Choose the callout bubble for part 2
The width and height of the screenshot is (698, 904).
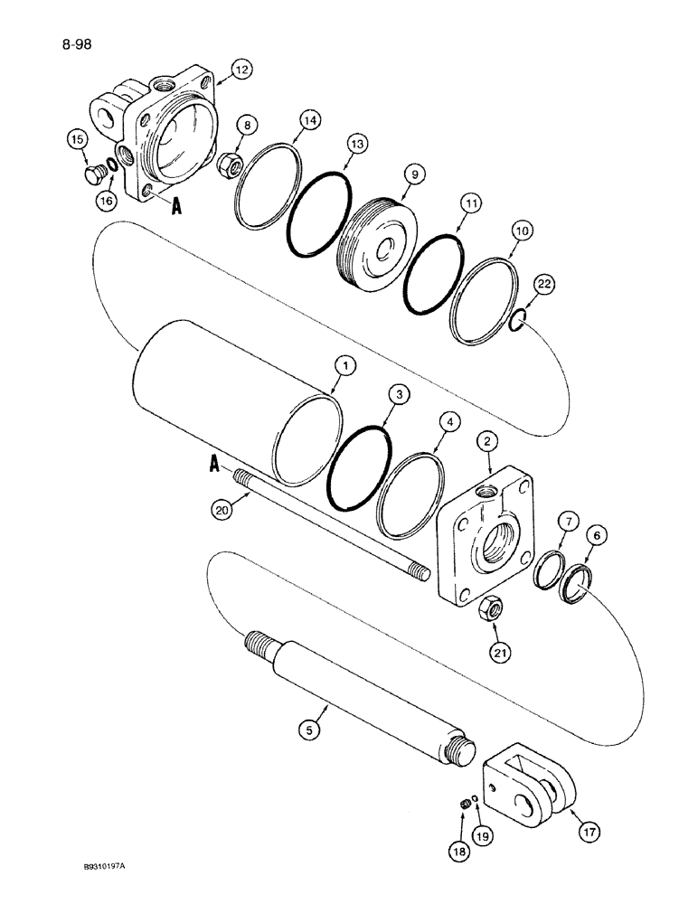click(488, 440)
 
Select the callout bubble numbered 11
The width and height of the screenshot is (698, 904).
click(467, 204)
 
